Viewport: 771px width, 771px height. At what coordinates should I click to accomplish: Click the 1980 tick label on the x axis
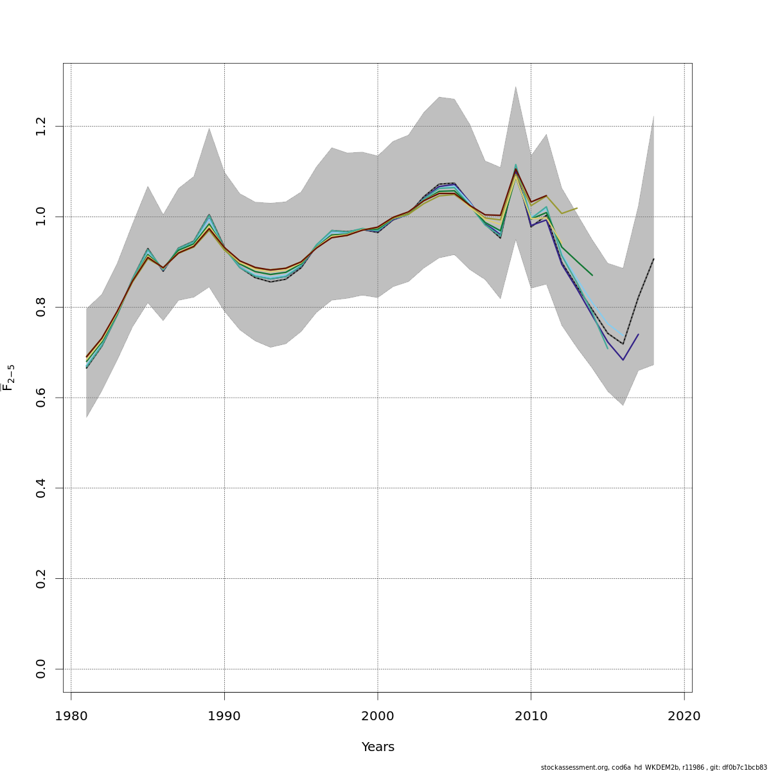(71, 716)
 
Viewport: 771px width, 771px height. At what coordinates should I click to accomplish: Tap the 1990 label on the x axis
(224, 716)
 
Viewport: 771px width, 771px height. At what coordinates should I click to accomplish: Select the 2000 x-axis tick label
(377, 716)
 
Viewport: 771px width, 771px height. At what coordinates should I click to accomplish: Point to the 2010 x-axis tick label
(531, 716)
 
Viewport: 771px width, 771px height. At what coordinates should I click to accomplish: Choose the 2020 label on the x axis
(684, 716)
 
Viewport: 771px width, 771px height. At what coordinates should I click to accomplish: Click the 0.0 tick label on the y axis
(41, 669)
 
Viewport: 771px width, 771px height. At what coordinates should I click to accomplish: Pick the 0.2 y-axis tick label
(41, 578)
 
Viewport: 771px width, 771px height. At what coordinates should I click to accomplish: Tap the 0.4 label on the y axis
(41, 488)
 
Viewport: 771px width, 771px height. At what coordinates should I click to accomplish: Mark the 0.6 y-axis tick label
(41, 398)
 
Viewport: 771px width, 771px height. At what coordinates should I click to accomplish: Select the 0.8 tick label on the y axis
(41, 307)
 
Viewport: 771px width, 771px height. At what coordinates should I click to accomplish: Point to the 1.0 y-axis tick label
(41, 217)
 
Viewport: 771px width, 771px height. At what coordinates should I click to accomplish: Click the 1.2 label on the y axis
(41, 126)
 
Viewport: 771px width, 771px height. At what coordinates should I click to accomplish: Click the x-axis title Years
(378, 747)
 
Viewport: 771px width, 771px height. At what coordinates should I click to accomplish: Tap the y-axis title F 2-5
(9, 378)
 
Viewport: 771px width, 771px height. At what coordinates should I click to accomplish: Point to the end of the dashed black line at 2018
(653, 259)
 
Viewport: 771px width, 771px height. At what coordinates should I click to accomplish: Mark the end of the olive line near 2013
(577, 208)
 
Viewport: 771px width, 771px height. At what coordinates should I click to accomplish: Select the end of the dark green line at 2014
(592, 275)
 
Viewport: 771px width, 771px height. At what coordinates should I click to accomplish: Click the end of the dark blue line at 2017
(638, 334)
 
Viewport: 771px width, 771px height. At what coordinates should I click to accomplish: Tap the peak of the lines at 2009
(515, 168)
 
